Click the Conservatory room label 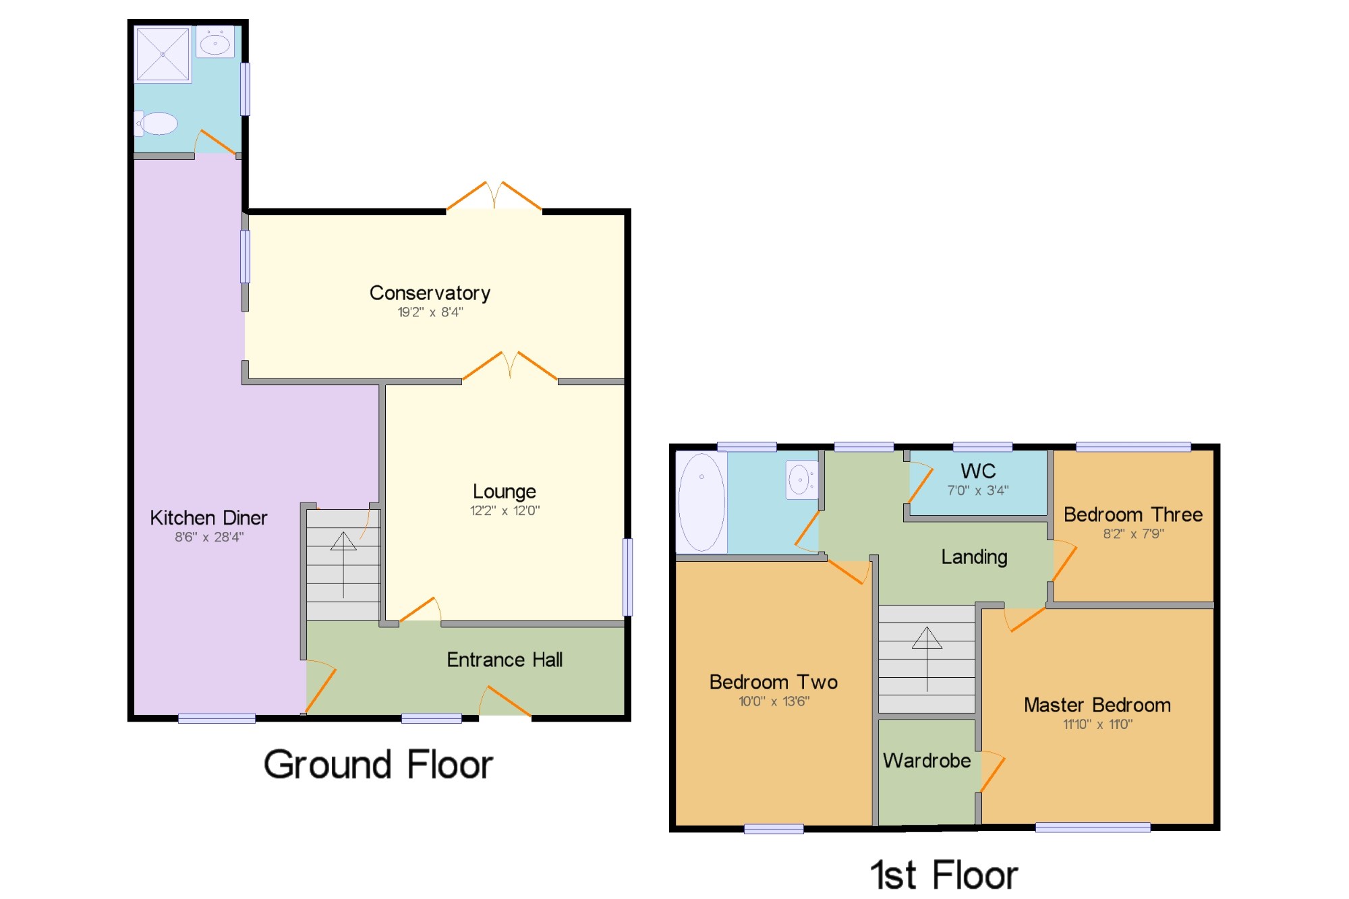430,293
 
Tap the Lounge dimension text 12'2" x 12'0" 505,511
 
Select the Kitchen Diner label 208,518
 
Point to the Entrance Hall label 505,660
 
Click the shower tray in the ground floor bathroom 163,54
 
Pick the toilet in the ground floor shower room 156,124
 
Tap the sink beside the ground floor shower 215,42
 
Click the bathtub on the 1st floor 701,502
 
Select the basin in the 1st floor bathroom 801,480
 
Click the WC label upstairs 978,471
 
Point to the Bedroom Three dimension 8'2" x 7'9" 1133,534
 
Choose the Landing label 974,557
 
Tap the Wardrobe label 927,761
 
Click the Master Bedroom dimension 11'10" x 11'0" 1097,724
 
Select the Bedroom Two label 774,682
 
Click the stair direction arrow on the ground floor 343,565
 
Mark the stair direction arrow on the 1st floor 927,660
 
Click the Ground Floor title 378,765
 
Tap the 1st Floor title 944,875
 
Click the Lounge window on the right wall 627,577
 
